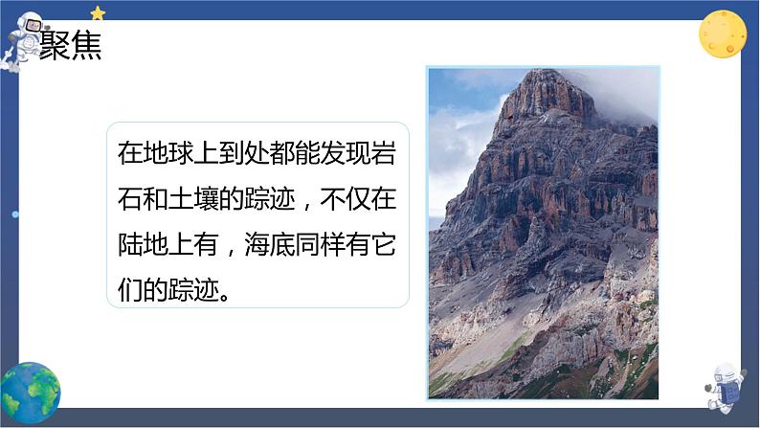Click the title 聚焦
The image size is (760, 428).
pos(70,45)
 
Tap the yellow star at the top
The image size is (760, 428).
pos(98,12)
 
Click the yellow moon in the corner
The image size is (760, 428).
pos(722,34)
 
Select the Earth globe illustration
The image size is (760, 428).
pos(30,393)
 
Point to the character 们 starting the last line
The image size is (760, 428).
pos(130,291)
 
